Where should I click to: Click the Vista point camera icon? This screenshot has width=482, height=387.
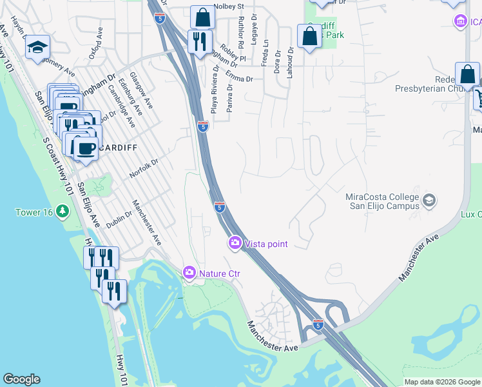pos(235,243)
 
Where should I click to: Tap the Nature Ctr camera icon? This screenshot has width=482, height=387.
pos(189,273)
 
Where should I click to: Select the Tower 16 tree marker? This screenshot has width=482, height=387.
pos(62,212)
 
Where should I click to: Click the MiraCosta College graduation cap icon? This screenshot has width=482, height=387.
pos(429,202)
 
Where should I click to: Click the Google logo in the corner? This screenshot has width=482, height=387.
pos(21,379)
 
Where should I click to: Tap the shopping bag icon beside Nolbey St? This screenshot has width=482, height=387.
pos(202,17)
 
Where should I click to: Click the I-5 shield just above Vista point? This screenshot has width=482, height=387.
pos(219,206)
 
